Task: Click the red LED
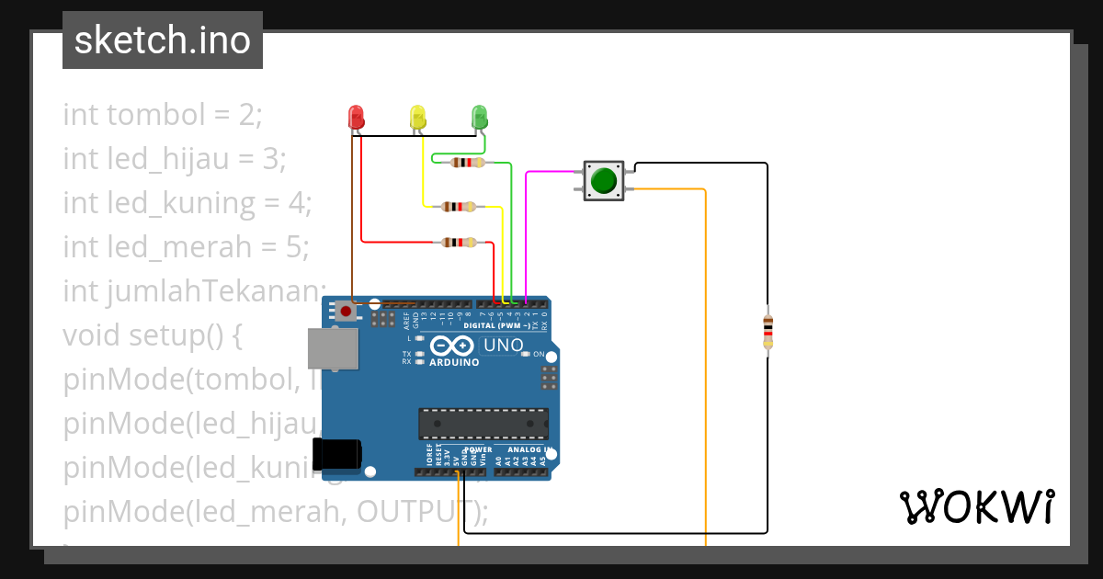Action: coord(356,117)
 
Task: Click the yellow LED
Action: coord(417,117)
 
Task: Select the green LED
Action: coord(479,117)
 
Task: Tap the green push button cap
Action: coord(603,180)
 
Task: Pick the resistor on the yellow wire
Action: coord(459,207)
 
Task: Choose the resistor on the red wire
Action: coord(459,243)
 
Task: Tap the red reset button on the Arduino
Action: coord(346,312)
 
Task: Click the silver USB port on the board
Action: coord(333,349)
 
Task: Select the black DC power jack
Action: coord(336,454)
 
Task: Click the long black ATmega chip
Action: coord(483,424)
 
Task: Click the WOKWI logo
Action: coord(976,506)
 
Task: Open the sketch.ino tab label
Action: coord(163,40)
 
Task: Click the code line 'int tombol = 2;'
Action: coord(163,115)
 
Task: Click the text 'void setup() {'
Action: coord(153,335)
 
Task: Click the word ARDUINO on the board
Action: coord(454,362)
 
